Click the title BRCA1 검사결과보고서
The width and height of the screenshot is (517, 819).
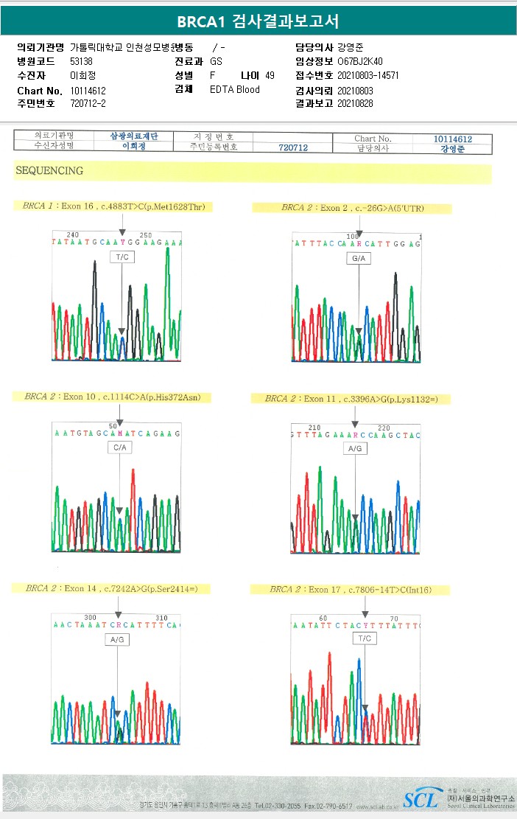click(258, 21)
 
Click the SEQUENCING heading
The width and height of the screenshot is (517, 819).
click(49, 171)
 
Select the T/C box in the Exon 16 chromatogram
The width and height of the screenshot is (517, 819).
click(122, 257)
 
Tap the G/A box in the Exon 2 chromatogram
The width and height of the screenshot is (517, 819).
click(359, 259)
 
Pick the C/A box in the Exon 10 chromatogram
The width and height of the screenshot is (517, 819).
click(119, 447)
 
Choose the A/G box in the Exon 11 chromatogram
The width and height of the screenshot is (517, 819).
click(355, 448)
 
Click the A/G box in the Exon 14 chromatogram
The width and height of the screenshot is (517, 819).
click(117, 640)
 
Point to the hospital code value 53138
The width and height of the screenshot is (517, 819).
click(81, 62)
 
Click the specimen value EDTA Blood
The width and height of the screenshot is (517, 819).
click(234, 90)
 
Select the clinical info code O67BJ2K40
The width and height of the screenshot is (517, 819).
click(359, 62)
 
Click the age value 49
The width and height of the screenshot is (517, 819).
click(270, 76)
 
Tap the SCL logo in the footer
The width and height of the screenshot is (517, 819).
click(420, 798)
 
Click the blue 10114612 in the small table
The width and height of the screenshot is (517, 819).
click(452, 139)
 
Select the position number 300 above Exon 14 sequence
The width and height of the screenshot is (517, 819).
click(91, 618)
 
